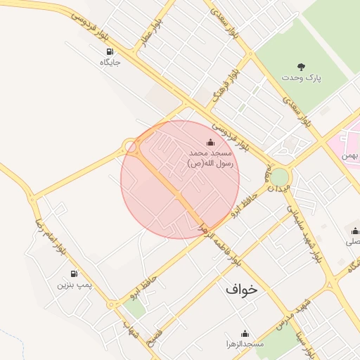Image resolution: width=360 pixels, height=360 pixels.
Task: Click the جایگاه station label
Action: (x=110, y=63)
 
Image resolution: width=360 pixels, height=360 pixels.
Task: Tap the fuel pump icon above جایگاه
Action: (x=110, y=51)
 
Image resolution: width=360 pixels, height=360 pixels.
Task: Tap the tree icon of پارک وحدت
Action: (x=302, y=66)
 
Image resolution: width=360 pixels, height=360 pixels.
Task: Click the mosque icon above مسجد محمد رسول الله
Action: (x=211, y=143)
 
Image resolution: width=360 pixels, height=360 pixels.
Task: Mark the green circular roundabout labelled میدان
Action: (x=280, y=176)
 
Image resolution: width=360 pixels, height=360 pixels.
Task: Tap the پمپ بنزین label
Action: (x=74, y=285)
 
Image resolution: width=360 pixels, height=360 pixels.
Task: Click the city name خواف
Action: (x=242, y=289)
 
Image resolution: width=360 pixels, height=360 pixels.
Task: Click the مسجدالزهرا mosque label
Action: (x=245, y=345)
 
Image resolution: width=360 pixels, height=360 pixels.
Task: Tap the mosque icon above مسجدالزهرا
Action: (x=245, y=333)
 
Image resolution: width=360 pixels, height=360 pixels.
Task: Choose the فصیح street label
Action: (x=153, y=337)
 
